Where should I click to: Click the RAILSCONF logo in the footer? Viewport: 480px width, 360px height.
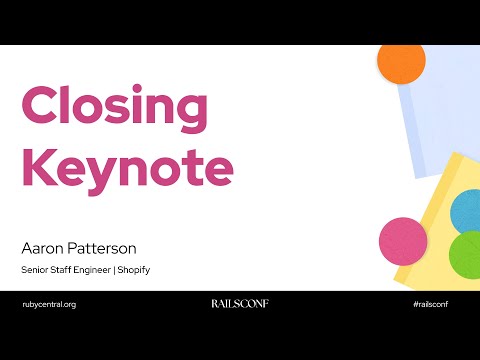tap(240, 303)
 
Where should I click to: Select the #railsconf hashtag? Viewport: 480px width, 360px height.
tap(429, 303)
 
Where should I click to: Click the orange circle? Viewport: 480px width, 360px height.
tap(401, 63)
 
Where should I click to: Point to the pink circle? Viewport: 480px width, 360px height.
tap(403, 241)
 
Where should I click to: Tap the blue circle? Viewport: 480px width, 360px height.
tap(466, 211)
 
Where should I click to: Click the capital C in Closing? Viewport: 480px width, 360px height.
tap(41, 106)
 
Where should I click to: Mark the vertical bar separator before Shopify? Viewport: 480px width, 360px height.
tap(118, 269)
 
